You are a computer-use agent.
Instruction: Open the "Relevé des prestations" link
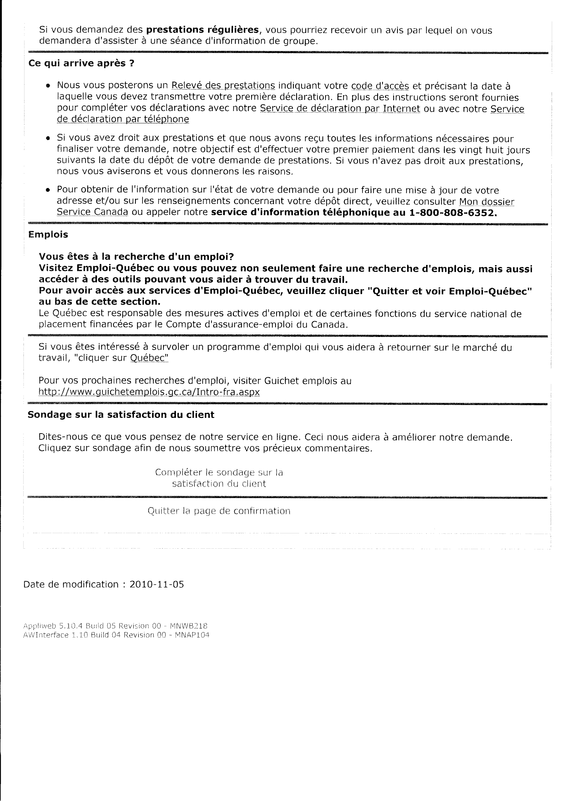click(x=223, y=85)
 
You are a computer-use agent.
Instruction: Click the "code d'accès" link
click(x=380, y=85)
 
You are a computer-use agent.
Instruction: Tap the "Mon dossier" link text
click(x=487, y=202)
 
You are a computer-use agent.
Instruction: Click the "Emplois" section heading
click(x=48, y=235)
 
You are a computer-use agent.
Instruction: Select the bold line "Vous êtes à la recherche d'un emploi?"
click(x=136, y=257)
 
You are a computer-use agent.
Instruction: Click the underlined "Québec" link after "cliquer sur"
click(x=149, y=358)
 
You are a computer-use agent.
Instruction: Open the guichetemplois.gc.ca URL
click(x=149, y=392)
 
